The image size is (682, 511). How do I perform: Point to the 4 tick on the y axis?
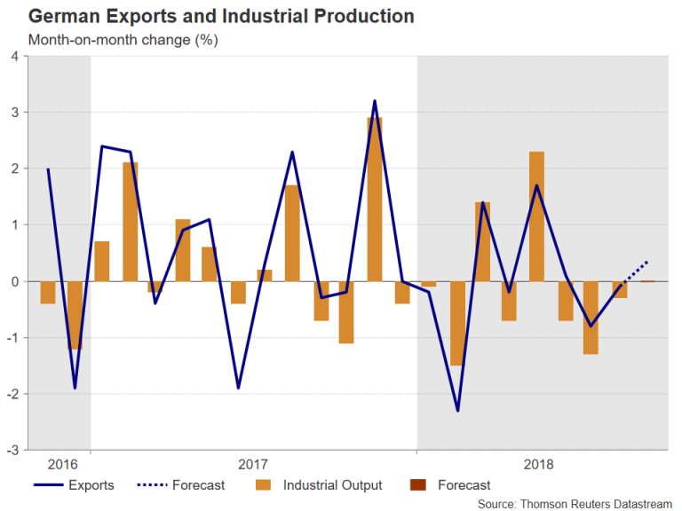pos(14,56)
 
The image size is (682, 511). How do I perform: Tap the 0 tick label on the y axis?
pos(14,281)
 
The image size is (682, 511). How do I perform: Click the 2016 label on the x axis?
pos(61,464)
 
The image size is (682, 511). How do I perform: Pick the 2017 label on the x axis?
pos(253,464)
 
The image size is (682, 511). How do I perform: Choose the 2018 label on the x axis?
pos(539,464)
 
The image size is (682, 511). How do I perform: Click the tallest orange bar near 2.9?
pos(375,200)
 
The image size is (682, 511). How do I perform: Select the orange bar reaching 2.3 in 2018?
pos(536,216)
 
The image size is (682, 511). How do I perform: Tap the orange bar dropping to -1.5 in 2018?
pos(457,323)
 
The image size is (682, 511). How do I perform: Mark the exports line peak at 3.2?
pos(375,101)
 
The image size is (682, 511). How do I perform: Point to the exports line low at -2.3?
pos(457,411)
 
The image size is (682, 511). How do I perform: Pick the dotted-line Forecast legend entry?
pos(182,485)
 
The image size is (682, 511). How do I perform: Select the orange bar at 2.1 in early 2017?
pos(130,222)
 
